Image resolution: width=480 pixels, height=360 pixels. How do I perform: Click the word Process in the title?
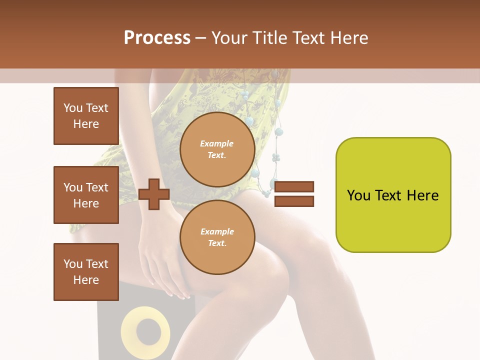pos(157,38)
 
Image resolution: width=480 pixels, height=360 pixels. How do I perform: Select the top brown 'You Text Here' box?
pos(86,116)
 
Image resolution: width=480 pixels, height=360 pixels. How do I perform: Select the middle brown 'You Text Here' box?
pos(86,195)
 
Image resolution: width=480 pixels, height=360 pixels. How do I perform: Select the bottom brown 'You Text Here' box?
pos(86,272)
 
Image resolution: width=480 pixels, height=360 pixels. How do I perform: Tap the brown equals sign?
pos(294,194)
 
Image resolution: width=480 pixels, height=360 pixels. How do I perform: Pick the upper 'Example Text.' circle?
pos(217,149)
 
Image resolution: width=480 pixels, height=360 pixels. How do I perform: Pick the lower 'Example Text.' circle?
pos(217,237)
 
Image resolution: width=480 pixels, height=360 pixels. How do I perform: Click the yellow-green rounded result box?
pos(393,195)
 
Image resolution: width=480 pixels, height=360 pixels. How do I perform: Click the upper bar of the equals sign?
pos(294,187)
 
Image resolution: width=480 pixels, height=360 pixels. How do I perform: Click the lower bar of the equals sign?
pos(294,201)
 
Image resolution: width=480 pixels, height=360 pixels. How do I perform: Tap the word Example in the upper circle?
pos(217,143)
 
